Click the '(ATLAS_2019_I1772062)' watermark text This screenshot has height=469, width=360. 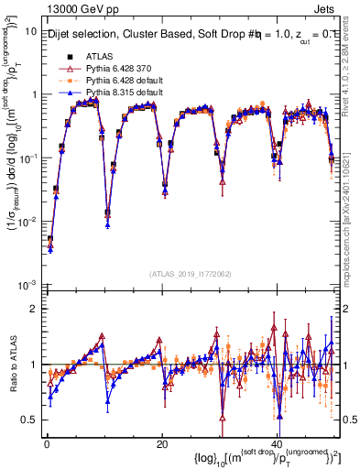[x=191, y=274]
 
